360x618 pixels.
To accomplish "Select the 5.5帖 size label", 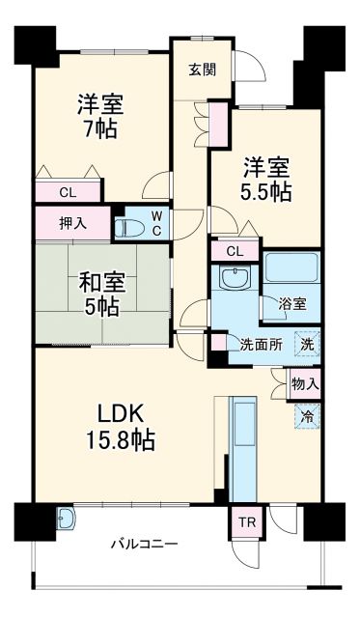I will (265, 190).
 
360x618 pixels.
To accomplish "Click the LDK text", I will (121, 415).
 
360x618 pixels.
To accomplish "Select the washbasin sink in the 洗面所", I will (235, 279).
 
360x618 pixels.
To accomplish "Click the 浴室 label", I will (292, 303).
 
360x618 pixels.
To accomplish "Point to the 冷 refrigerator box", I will (307, 418).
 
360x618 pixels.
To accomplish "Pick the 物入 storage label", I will (305, 383).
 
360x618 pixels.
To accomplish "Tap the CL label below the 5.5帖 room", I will (234, 251).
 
